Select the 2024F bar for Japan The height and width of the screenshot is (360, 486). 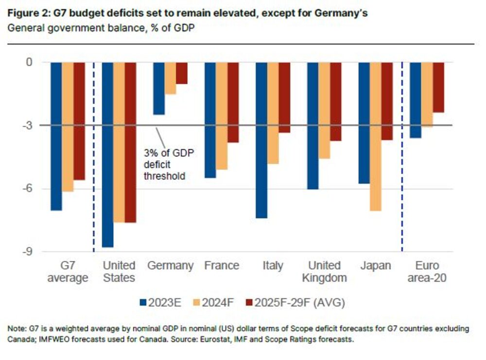(375, 137)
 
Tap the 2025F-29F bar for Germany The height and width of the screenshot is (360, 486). (181, 73)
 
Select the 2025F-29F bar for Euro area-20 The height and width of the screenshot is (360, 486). (439, 87)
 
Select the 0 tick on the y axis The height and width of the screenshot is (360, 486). (29, 62)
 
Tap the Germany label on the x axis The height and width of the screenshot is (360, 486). (170, 266)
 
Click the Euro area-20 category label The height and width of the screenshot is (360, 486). (427, 272)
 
